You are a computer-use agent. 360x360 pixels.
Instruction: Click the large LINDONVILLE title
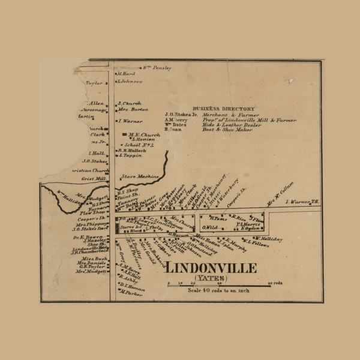(210, 268)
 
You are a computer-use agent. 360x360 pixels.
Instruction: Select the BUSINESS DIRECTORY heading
(223, 109)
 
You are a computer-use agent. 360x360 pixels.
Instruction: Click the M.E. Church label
(140, 134)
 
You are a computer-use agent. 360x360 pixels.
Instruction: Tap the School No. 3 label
(139, 145)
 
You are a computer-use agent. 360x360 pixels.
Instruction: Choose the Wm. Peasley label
(157, 68)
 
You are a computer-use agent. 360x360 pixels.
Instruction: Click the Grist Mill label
(94, 178)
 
